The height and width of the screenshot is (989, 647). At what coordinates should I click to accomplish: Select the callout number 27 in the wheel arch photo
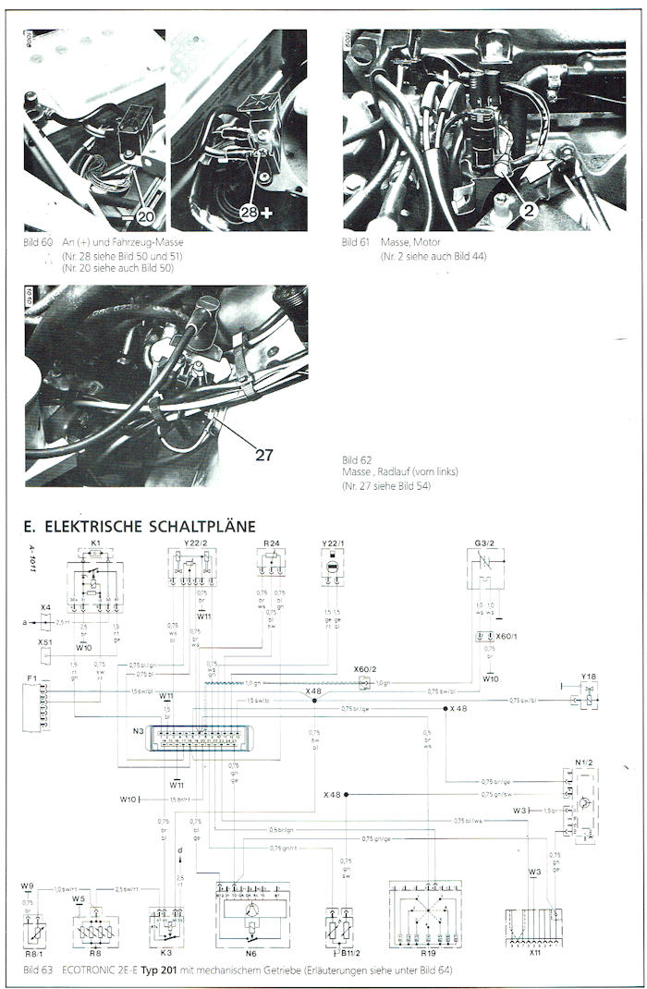pos(264,454)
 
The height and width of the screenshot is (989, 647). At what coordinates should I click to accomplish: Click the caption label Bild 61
pos(355,242)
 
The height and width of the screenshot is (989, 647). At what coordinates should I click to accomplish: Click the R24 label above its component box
pos(272,544)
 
